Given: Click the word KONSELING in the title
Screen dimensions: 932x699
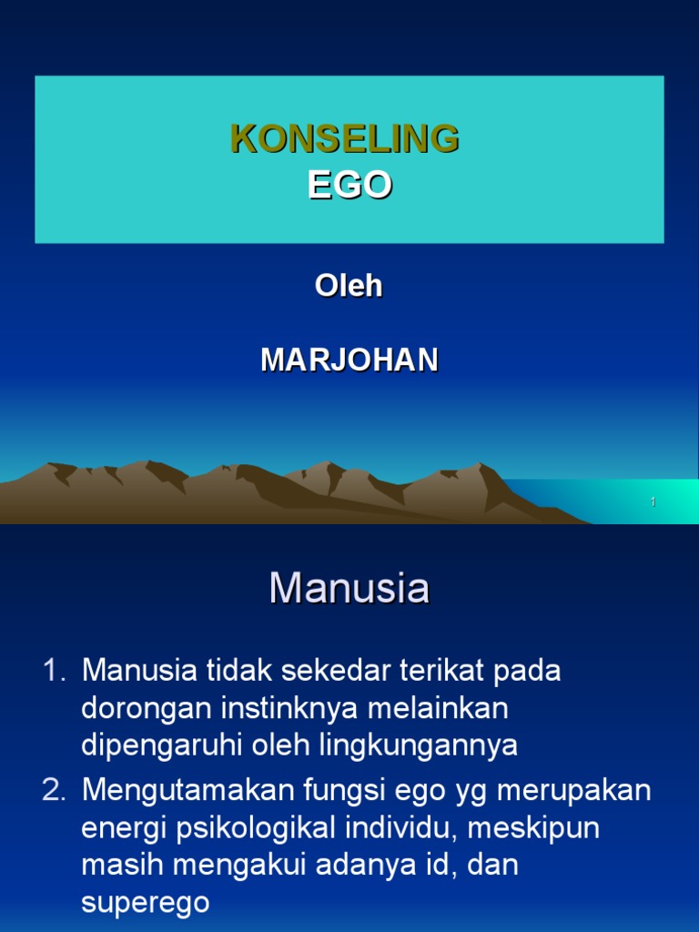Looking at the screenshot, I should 345,139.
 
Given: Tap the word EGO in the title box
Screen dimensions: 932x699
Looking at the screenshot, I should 349,185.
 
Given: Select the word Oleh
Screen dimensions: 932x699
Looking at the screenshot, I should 349,286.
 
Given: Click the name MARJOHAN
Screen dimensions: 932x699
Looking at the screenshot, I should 349,360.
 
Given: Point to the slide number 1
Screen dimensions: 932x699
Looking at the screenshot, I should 653,502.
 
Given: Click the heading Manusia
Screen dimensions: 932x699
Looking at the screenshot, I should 349,589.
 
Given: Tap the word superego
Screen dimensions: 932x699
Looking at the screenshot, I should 146,902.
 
